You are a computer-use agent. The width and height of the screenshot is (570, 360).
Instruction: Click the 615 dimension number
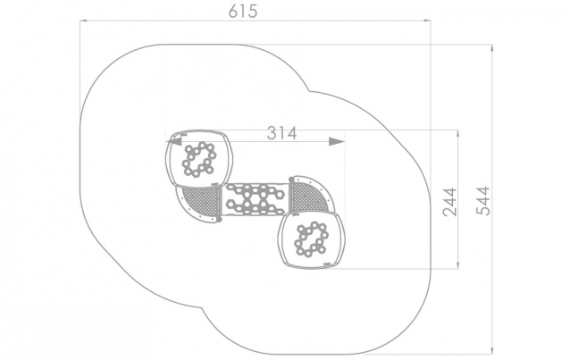tap(243, 12)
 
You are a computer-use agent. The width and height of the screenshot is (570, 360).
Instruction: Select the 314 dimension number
tap(281, 133)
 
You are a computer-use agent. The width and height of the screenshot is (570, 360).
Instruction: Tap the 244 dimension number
tap(449, 202)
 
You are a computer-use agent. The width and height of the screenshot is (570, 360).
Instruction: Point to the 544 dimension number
tap(483, 201)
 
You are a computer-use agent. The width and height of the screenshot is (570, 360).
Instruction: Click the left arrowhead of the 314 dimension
tap(173, 141)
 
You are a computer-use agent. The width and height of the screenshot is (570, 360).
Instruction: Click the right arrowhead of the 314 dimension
tap(337, 141)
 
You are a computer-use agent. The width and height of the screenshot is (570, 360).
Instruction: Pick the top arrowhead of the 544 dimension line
tap(492, 48)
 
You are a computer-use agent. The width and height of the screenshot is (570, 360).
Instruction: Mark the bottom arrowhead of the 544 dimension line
tap(492, 350)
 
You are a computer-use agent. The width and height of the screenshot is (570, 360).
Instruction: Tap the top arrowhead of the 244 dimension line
tap(458, 134)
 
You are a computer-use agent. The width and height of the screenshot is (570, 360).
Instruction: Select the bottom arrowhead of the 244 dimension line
tap(458, 264)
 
